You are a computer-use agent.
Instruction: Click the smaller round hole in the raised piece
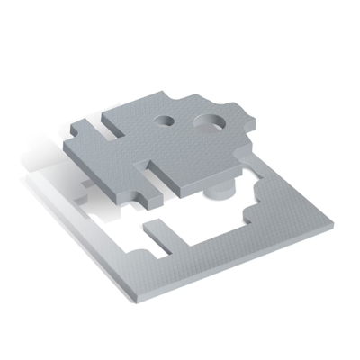(166, 120)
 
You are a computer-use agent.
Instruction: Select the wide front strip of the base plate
(207, 270)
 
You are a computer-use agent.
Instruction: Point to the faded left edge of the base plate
(45, 193)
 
